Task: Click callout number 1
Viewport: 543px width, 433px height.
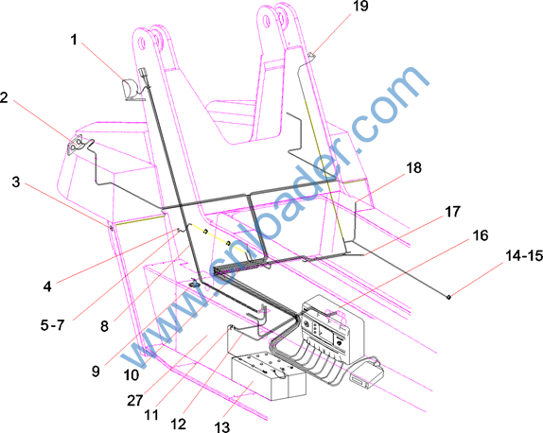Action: pos(74,40)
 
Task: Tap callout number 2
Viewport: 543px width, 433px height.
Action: pos(4,97)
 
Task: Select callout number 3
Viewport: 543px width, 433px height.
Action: pos(16,182)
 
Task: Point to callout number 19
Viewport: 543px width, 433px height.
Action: pos(360,6)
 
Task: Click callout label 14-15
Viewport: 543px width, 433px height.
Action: pos(524,256)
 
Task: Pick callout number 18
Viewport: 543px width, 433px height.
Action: pos(413,168)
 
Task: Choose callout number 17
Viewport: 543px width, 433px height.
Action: pos(452,212)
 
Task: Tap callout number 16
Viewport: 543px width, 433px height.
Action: pos(481,235)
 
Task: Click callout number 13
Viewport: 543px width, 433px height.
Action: pos(222,426)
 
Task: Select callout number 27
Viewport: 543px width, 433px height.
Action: pos(135,401)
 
